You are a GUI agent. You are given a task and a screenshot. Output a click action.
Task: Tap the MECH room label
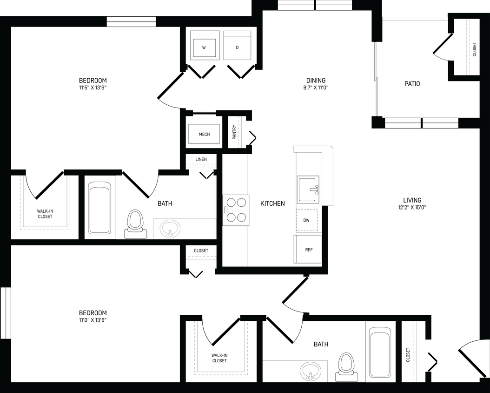204,135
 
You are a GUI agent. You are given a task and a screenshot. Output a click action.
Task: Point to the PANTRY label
234,132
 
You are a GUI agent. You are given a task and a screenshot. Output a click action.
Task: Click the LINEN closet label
201,159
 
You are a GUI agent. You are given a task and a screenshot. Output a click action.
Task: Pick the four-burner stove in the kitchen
236,210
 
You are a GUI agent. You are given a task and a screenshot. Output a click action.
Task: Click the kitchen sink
308,189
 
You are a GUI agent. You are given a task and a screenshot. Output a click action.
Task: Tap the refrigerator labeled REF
308,250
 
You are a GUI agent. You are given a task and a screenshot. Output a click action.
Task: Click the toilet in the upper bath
135,222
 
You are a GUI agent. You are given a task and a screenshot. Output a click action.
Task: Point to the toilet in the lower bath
345,364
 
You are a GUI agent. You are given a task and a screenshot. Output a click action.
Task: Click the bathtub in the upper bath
99,210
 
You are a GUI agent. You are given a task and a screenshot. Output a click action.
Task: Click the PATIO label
412,84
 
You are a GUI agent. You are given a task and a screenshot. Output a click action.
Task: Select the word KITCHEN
272,203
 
